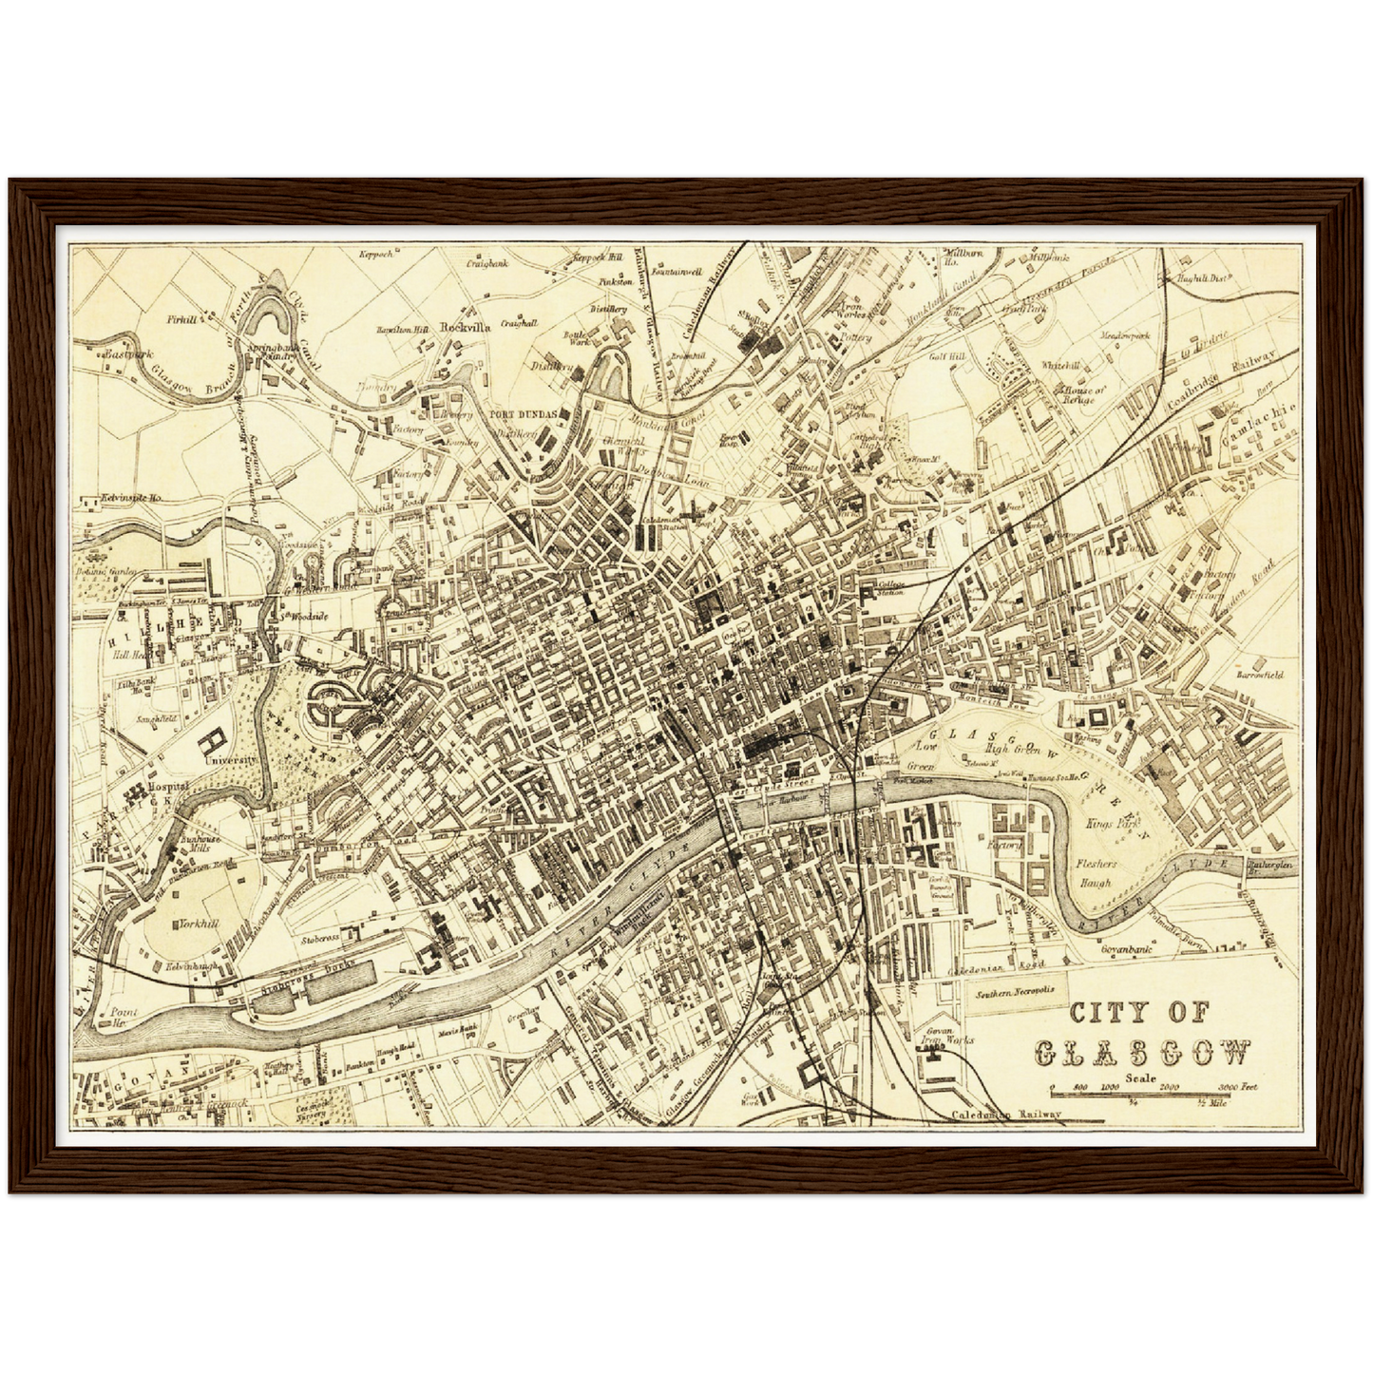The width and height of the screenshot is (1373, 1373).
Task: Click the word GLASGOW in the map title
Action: (x=1142, y=1053)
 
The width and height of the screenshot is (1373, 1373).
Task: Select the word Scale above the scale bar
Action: (x=1140, y=1077)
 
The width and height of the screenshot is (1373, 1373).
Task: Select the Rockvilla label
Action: (x=466, y=326)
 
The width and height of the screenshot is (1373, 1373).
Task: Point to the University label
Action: (x=232, y=761)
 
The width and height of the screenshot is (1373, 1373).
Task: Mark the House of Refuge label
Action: (x=1084, y=394)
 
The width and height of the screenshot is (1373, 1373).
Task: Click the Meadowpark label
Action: (x=1125, y=335)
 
